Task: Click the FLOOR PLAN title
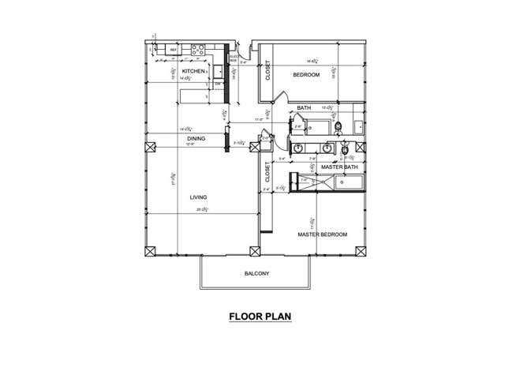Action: pos(260,317)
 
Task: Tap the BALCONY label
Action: pos(256,274)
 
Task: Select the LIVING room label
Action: pos(199,197)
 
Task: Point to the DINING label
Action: pos(196,139)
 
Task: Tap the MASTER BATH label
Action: pos(340,167)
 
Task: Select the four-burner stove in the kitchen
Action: pos(198,51)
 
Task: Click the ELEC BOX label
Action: pos(234,58)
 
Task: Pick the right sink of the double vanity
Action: pos(326,148)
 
